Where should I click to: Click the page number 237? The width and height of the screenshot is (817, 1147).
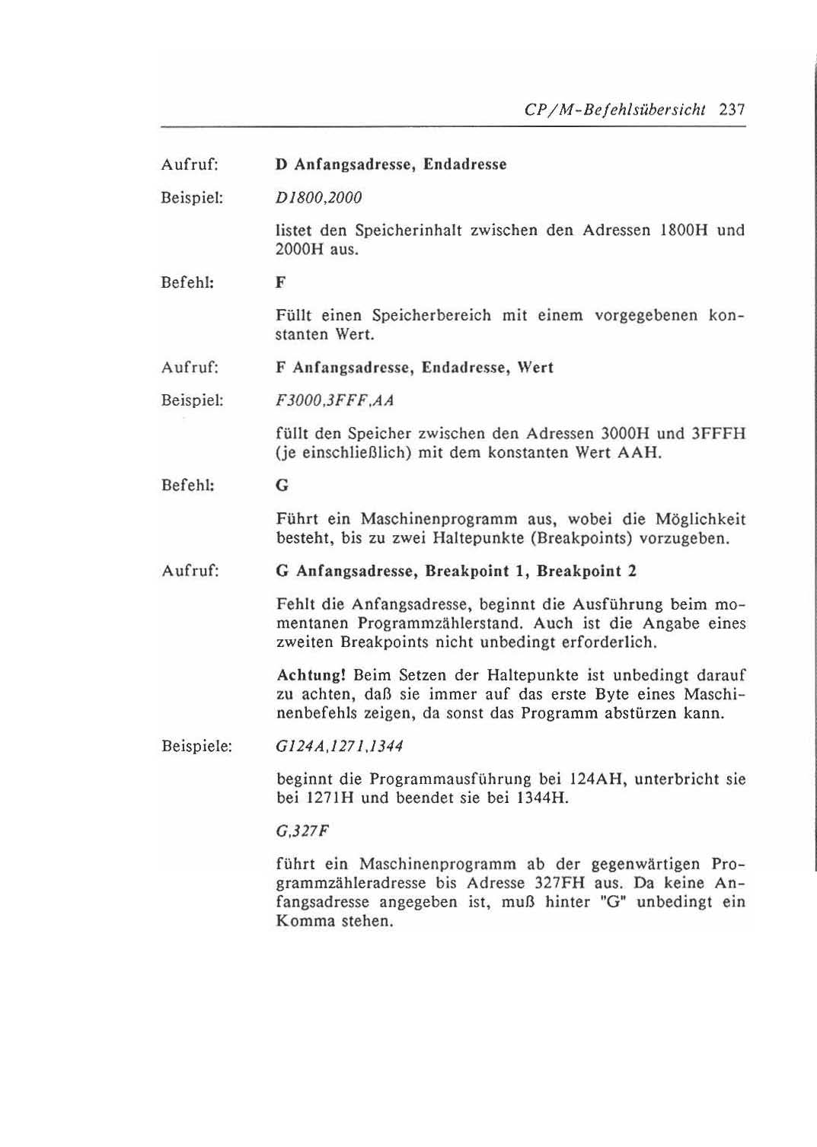(x=730, y=110)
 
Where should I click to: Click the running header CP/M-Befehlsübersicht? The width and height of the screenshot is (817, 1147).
(x=615, y=110)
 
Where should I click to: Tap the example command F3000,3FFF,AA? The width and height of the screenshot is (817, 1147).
(x=334, y=400)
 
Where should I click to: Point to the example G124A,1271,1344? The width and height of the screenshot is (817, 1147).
(x=339, y=746)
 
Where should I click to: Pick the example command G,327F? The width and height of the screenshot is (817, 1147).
(x=302, y=830)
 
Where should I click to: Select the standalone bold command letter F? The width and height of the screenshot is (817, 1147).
(x=280, y=283)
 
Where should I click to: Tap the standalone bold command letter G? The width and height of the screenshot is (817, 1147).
(x=282, y=486)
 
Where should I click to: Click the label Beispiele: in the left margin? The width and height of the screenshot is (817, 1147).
(x=196, y=746)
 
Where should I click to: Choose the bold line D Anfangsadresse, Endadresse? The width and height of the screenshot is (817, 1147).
(x=391, y=164)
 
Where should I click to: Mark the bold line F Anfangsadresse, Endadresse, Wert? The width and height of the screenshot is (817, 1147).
(x=414, y=368)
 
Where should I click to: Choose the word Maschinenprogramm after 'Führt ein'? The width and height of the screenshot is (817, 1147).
(x=441, y=520)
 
